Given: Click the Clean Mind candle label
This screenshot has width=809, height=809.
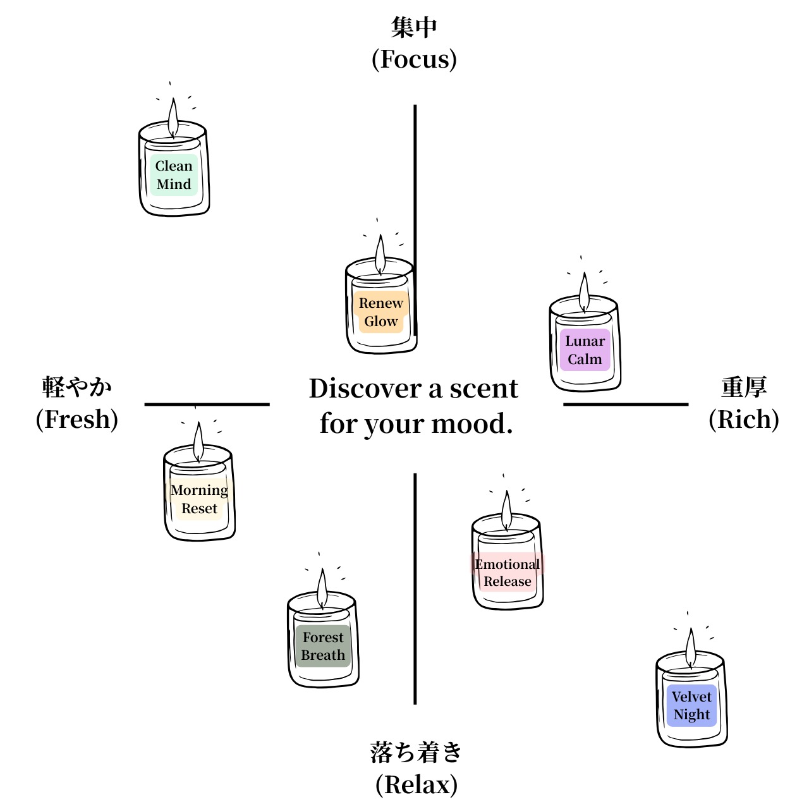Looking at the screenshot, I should tap(174, 175).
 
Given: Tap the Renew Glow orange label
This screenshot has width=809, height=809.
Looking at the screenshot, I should tap(381, 312).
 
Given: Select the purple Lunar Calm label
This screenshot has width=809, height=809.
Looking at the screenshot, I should tap(585, 350).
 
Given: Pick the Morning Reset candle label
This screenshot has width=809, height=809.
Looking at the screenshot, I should tap(199, 499).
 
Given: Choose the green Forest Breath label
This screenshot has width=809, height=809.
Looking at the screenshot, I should tap(323, 646).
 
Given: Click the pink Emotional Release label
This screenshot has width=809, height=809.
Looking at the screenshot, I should tap(508, 573).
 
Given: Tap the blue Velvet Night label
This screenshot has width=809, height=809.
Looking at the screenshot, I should tap(691, 705).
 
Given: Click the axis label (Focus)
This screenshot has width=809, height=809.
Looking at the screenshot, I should tap(414, 59).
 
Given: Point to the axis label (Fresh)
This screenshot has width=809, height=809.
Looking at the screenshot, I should tap(77, 420).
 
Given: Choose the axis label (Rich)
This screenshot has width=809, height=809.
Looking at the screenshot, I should tap(743, 420).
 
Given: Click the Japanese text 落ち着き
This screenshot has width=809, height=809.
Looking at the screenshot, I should tap(416, 752).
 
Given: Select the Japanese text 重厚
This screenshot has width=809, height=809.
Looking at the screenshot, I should tap(744, 387).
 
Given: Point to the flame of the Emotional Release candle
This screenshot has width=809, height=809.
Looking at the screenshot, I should tap(506, 511).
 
